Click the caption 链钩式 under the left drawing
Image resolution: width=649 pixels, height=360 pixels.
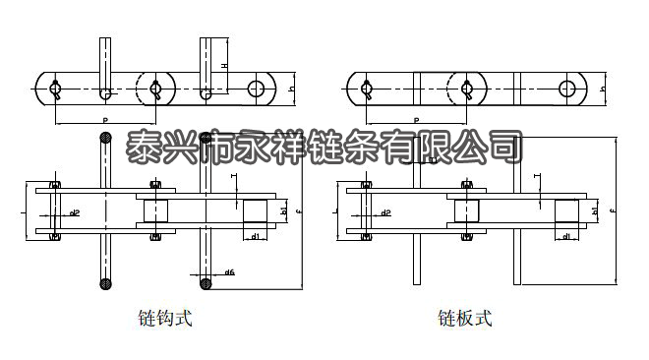pos(165,319)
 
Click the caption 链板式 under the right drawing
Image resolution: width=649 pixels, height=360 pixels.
pos(465,319)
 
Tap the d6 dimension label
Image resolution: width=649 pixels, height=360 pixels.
pos(229,272)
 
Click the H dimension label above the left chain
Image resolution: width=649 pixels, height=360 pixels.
pos(224,66)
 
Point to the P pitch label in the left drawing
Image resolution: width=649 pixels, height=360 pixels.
pos(105,119)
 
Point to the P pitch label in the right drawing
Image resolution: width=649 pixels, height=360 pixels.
pos(416,119)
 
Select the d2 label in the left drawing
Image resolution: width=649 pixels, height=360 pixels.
pos(75,212)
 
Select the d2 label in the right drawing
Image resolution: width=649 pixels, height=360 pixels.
pos(385,212)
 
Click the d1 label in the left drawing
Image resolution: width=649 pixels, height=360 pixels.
pos(255,237)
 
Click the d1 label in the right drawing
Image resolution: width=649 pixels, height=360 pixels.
pos(565,237)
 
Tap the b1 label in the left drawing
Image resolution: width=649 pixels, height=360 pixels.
pos(284,210)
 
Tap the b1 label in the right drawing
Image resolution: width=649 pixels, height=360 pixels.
pos(596,210)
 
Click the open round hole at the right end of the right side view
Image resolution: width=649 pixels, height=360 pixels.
pos(567,89)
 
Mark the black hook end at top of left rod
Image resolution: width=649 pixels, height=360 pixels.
pos(105,139)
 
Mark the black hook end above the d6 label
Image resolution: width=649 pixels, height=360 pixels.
pos(206,285)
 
